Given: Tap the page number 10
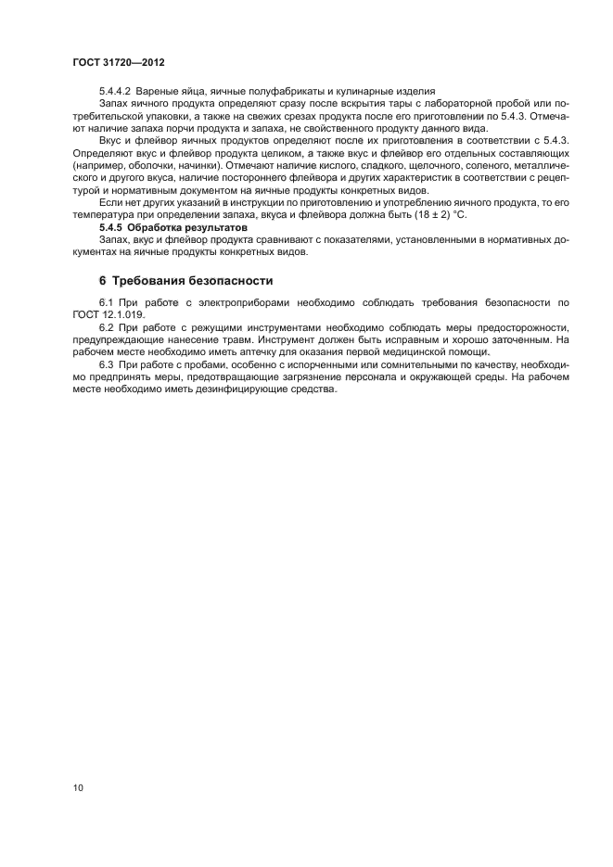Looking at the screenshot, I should click(x=78, y=788).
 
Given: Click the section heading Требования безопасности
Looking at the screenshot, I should click(x=193, y=280).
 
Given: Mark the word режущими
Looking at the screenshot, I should click(x=206, y=327).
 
